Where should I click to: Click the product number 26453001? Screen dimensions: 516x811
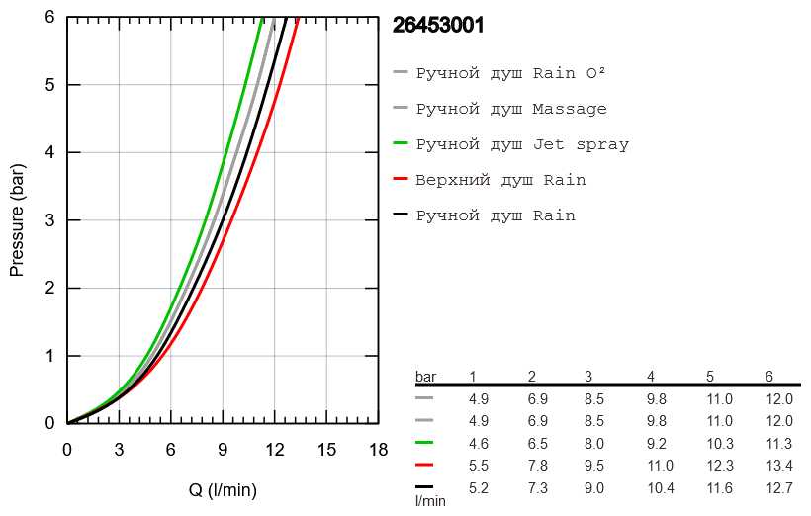pyautogui.click(x=438, y=26)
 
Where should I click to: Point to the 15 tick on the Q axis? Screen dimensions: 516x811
pyautogui.click(x=326, y=449)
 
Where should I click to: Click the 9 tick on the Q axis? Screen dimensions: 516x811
pyautogui.click(x=223, y=449)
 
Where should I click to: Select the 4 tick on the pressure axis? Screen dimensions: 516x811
pyautogui.click(x=49, y=152)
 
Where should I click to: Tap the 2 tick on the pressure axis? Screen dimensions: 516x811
pyautogui.click(x=49, y=288)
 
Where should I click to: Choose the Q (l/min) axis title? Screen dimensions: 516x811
pyautogui.click(x=223, y=489)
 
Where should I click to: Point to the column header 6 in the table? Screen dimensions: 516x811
pyautogui.click(x=769, y=377)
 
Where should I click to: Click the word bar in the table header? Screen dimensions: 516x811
pyautogui.click(x=425, y=377)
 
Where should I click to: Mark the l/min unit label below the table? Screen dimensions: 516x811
pyautogui.click(x=430, y=501)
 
